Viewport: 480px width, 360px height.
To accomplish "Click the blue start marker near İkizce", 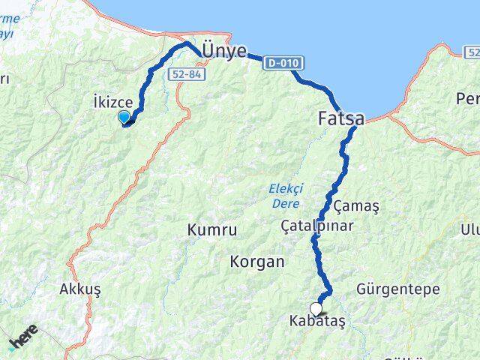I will [x=124, y=116].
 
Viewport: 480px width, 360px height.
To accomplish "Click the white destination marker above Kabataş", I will [x=316, y=308].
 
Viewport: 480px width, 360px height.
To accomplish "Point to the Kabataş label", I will [x=316, y=321].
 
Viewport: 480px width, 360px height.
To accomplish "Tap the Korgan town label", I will [x=258, y=262].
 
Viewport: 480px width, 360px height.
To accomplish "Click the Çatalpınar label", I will [x=316, y=225].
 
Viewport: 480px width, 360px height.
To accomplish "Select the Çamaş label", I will [x=356, y=205].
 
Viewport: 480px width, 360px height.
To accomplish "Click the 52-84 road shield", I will [x=184, y=73].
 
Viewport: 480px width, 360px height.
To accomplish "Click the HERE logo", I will [x=22, y=337].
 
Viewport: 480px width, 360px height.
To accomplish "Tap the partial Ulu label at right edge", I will [x=470, y=229].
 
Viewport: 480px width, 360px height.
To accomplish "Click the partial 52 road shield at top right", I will [x=472, y=52].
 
